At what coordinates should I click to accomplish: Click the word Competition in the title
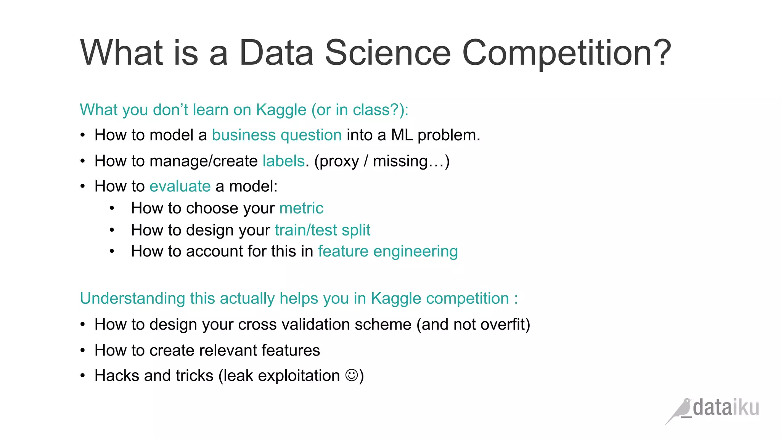pos(566,53)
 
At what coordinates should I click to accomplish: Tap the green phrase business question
pos(276,135)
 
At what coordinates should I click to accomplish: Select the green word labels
pos(283,161)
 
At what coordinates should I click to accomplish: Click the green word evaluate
pos(180,186)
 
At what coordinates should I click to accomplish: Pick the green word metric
pos(301,208)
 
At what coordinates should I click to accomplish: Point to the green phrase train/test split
pos(322,230)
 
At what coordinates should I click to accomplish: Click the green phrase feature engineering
pos(388,252)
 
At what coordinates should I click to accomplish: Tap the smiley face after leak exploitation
pos(351,375)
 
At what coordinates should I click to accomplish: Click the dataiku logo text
pos(726,408)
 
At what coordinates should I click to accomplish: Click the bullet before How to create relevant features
pos(83,351)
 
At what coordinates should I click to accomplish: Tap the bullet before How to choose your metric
pos(112,208)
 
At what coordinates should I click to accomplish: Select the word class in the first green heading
pos(371,110)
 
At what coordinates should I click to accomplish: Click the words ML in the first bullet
pos(402,135)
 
